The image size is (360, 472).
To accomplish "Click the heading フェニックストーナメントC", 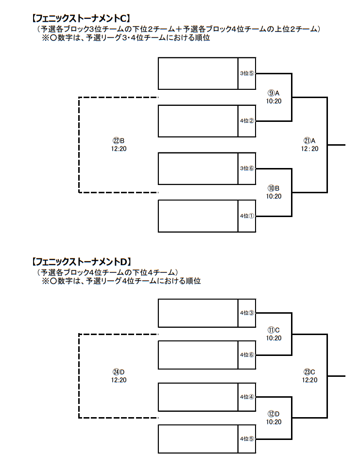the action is coord(81,18).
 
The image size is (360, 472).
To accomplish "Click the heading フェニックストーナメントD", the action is coord(82,262).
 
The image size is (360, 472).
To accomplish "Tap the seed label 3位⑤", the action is coord(247,73).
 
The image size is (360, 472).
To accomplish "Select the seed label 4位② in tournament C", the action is coord(247,121).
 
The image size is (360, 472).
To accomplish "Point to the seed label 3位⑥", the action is coord(247,169).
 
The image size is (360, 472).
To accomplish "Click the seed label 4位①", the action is coord(247,216).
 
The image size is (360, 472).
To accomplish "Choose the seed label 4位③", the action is coord(247,313).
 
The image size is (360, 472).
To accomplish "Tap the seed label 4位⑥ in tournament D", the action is coord(247,355).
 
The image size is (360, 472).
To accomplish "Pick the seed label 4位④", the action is coord(247,397).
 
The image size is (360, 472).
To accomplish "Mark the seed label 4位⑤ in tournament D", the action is coord(247,438).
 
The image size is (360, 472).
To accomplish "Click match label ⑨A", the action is coord(274,93).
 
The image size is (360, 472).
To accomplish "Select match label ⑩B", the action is coord(274,188).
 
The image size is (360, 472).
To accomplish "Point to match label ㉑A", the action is coord(309,140).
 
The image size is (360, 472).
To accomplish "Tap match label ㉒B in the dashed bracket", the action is coord(119,140).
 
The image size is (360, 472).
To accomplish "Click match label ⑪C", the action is coord(274,330).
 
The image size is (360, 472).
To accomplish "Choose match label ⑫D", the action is coord(274,414).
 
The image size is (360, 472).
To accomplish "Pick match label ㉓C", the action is coord(309,372).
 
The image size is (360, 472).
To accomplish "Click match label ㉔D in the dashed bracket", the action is coord(119,372).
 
